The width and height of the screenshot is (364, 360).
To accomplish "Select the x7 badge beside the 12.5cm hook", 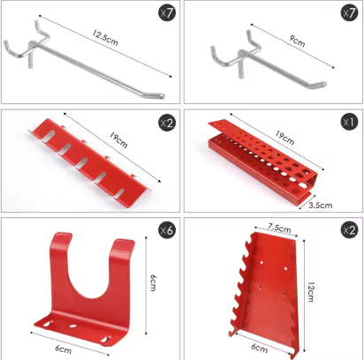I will pos(166,13).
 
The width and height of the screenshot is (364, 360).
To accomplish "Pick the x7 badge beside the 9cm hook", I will pos(348,13).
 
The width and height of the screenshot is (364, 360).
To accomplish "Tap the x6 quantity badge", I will pos(166,231).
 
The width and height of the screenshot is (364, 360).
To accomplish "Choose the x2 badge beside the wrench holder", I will pos(348,231).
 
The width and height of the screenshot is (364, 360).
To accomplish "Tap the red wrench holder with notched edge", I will pos(268,288).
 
